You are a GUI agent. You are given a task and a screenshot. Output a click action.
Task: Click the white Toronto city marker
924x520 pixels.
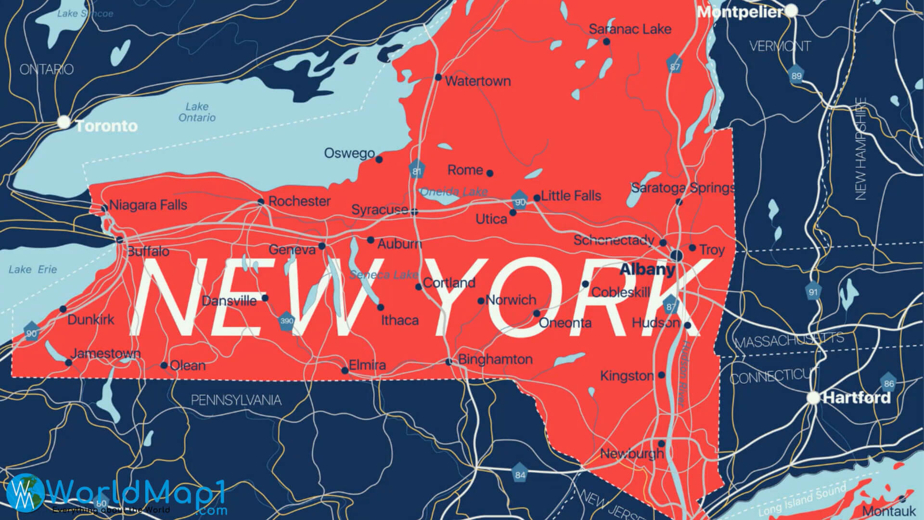pos(64,122)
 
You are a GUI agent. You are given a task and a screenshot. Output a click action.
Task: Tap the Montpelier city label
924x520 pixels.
pos(740,12)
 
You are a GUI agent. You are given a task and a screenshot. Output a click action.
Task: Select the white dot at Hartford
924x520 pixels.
pos(813,398)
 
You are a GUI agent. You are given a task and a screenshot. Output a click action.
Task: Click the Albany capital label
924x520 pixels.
pos(647,270)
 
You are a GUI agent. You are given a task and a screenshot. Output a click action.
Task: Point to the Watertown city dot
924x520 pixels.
pos(438,77)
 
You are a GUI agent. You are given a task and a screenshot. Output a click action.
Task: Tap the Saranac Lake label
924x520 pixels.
pos(630,29)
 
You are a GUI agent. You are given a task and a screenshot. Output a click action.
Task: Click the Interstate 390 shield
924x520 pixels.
pos(286,321)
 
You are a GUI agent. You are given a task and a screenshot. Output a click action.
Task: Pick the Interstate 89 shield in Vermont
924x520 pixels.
pos(796,75)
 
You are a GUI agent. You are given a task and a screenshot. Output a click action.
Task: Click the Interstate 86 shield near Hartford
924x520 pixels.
pos(889,384)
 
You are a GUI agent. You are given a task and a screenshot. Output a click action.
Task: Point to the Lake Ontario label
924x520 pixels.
pos(197,112)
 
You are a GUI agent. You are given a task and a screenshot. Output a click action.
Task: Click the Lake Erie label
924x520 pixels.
pos(33,269)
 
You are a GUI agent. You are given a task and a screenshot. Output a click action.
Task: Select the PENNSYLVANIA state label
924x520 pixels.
pos(236,400)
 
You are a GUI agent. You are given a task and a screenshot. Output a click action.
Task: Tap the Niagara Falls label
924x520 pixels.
pos(148,205)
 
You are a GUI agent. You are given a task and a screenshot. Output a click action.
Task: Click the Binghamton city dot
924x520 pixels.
pos(449,362)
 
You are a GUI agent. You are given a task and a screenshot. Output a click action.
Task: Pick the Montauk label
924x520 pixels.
pos(882,510)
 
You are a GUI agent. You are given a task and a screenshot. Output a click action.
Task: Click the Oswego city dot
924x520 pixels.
pos(379,159)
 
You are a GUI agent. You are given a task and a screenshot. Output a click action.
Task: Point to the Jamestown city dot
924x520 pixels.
pos(68,363)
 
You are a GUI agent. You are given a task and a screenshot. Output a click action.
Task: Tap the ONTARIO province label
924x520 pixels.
pos(47,69)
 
